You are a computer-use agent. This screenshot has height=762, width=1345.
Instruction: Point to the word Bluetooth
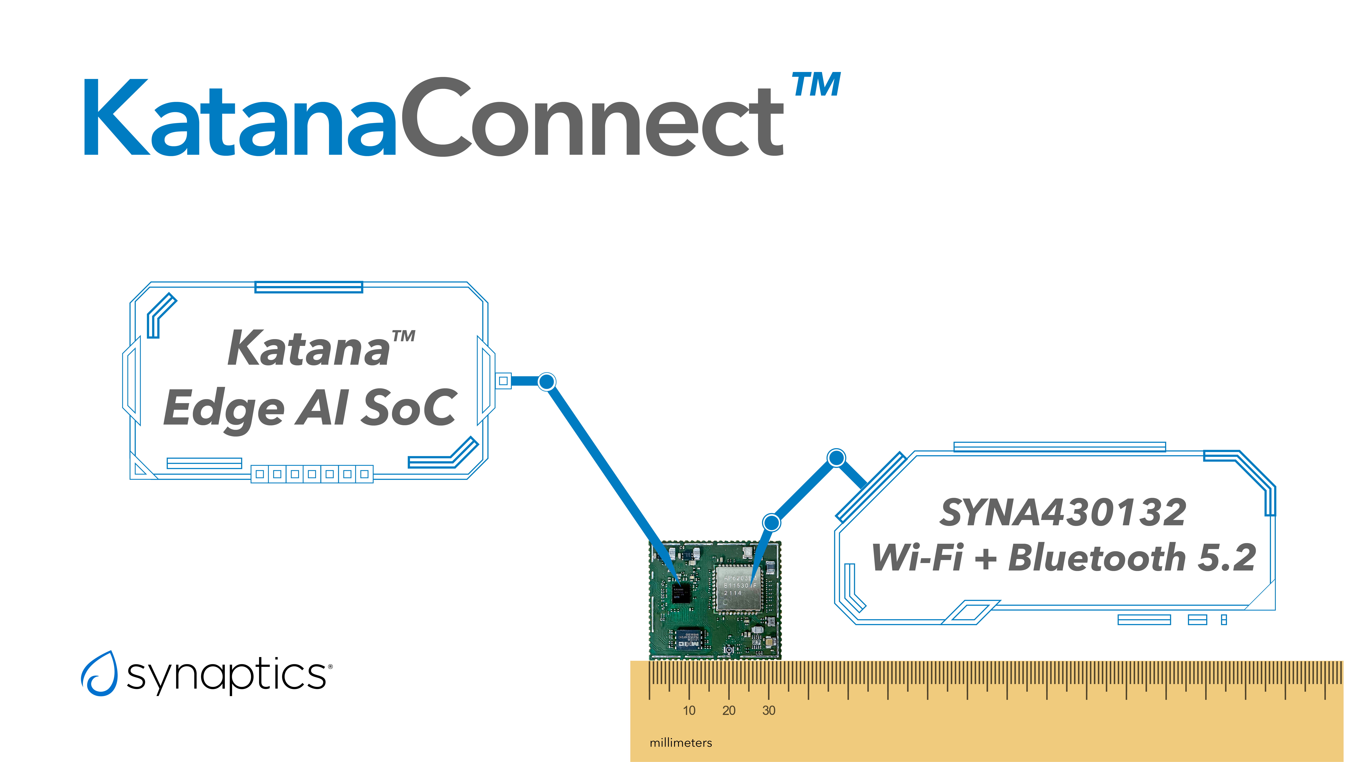(x=1097, y=557)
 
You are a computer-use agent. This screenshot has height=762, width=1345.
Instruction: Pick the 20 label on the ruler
(x=729, y=710)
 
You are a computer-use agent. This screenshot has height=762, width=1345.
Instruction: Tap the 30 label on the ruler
(x=768, y=710)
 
